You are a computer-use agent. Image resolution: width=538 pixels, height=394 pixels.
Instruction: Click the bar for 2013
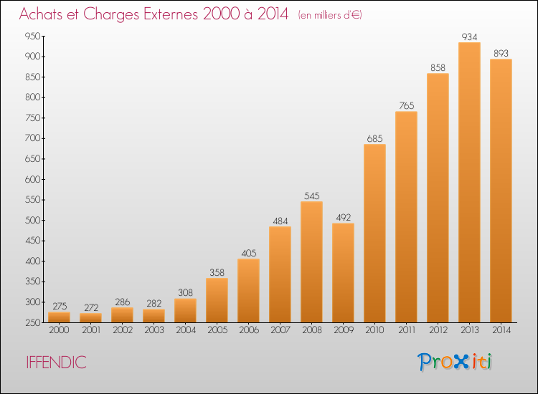(x=469, y=182)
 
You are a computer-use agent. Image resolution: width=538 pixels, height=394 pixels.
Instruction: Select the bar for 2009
(x=343, y=273)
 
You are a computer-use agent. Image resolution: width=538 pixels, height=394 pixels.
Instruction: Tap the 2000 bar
(x=59, y=317)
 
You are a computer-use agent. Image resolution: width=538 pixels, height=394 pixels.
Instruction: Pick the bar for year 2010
(x=374, y=234)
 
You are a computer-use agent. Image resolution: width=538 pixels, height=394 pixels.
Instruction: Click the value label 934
(x=469, y=37)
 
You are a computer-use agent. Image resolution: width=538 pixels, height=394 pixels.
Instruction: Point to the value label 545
(x=311, y=196)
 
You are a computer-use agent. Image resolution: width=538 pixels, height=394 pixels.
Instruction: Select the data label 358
(x=217, y=272)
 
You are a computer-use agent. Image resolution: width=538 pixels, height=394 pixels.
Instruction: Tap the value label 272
(x=91, y=307)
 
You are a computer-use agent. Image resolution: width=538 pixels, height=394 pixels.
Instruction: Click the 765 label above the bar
(x=406, y=105)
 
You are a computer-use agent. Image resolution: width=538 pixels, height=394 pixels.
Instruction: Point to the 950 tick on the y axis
(x=32, y=36)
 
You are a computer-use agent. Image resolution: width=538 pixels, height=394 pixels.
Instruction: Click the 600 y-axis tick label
(x=32, y=179)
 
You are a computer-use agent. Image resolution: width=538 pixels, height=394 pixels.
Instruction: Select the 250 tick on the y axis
(x=32, y=322)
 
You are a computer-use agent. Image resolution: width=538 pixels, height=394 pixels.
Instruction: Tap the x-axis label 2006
(x=249, y=330)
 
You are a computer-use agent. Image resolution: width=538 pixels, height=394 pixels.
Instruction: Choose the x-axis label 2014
(x=501, y=330)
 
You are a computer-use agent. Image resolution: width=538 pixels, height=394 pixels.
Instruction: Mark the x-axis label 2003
(x=154, y=330)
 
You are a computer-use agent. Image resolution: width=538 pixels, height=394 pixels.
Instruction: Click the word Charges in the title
(x=111, y=14)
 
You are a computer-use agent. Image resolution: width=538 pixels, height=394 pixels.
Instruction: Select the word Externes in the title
(x=171, y=14)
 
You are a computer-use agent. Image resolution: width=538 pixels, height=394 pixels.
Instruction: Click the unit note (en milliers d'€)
(x=330, y=15)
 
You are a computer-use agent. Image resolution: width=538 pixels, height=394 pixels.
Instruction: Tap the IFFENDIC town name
(x=56, y=362)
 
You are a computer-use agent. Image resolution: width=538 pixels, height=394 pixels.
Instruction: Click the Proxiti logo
(x=455, y=362)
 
